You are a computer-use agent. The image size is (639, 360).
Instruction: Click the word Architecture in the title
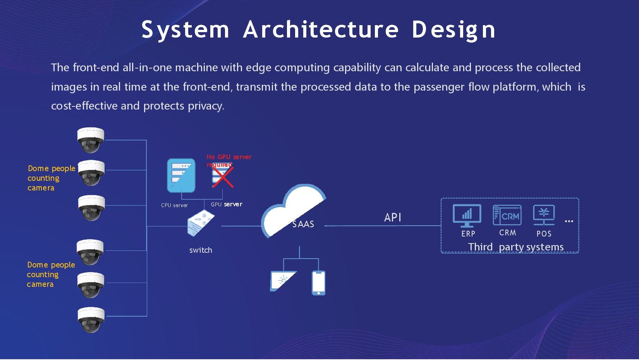(x=321, y=30)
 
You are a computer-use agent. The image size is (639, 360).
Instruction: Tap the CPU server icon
(x=181, y=175)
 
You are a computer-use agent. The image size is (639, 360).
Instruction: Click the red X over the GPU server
(x=223, y=177)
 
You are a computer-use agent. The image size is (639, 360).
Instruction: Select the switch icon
(x=200, y=223)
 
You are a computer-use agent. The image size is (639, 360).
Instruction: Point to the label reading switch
(x=201, y=250)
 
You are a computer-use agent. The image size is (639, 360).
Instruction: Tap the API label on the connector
(x=392, y=218)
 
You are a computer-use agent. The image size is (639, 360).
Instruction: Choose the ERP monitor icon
(x=467, y=215)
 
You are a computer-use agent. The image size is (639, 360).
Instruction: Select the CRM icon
(x=507, y=215)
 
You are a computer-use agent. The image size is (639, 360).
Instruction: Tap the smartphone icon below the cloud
(x=318, y=283)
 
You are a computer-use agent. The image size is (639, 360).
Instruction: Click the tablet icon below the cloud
(x=283, y=281)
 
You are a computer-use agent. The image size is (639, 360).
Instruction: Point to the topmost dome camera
(x=91, y=140)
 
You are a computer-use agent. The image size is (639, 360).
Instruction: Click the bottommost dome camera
(x=91, y=319)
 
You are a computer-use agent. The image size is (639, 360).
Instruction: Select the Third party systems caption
(x=515, y=247)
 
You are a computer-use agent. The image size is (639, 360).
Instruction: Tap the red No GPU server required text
(x=228, y=160)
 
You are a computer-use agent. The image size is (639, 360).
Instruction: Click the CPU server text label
(x=174, y=205)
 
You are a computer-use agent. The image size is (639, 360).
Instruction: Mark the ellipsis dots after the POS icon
(x=569, y=221)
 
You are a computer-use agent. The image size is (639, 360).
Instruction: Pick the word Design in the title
(x=453, y=30)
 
